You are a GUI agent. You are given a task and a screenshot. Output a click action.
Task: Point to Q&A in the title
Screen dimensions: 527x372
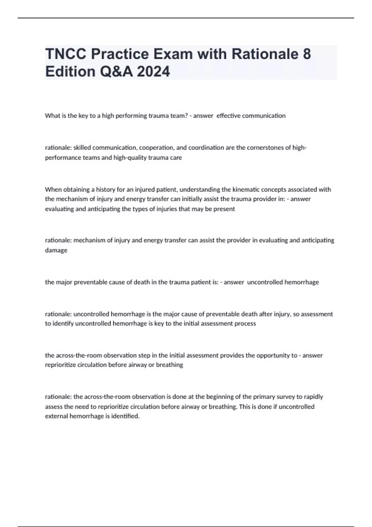116,72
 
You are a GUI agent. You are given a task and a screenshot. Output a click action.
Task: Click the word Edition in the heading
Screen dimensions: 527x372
70,72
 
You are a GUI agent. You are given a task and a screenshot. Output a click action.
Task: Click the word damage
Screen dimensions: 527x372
56,250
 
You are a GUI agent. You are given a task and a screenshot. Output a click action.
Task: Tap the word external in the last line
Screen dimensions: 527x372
56,416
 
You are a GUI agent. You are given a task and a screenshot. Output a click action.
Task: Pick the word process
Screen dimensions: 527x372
246,323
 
